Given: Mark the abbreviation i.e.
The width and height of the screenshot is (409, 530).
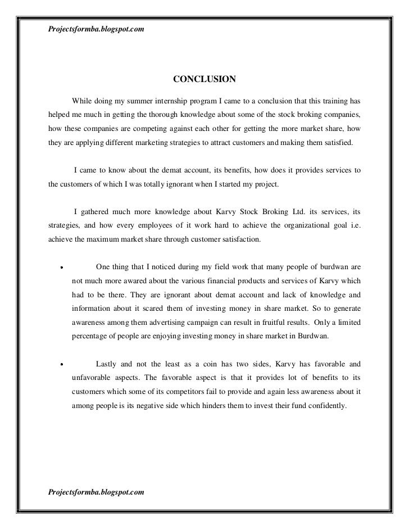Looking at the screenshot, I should [x=354, y=226].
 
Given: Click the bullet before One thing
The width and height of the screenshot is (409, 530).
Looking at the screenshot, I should [x=61, y=268].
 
